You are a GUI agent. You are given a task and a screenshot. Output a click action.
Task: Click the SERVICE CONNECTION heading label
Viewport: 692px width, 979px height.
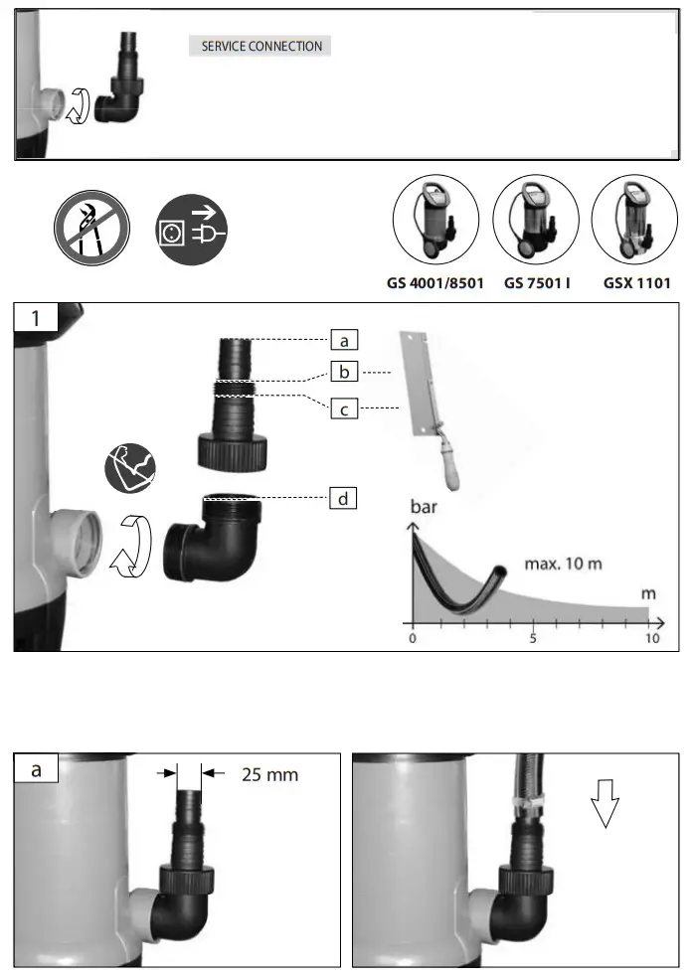[261, 46]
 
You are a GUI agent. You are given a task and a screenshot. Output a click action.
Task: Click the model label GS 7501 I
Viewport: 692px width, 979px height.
[537, 283]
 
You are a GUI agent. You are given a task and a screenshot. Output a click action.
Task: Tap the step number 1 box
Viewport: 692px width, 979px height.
[36, 318]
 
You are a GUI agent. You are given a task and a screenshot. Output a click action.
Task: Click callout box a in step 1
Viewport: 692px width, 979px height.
[343, 341]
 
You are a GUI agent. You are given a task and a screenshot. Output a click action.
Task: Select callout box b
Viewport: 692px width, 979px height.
[343, 374]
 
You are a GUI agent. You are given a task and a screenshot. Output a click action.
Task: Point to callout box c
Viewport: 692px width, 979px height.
[343, 408]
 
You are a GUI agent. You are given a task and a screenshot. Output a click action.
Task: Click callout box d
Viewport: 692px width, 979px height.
[343, 498]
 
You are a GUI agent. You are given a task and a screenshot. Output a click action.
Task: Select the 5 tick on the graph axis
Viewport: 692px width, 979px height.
[532, 638]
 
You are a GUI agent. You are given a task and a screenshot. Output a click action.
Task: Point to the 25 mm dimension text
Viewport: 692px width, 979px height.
[269, 773]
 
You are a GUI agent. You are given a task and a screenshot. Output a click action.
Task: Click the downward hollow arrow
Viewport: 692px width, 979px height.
[604, 803]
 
